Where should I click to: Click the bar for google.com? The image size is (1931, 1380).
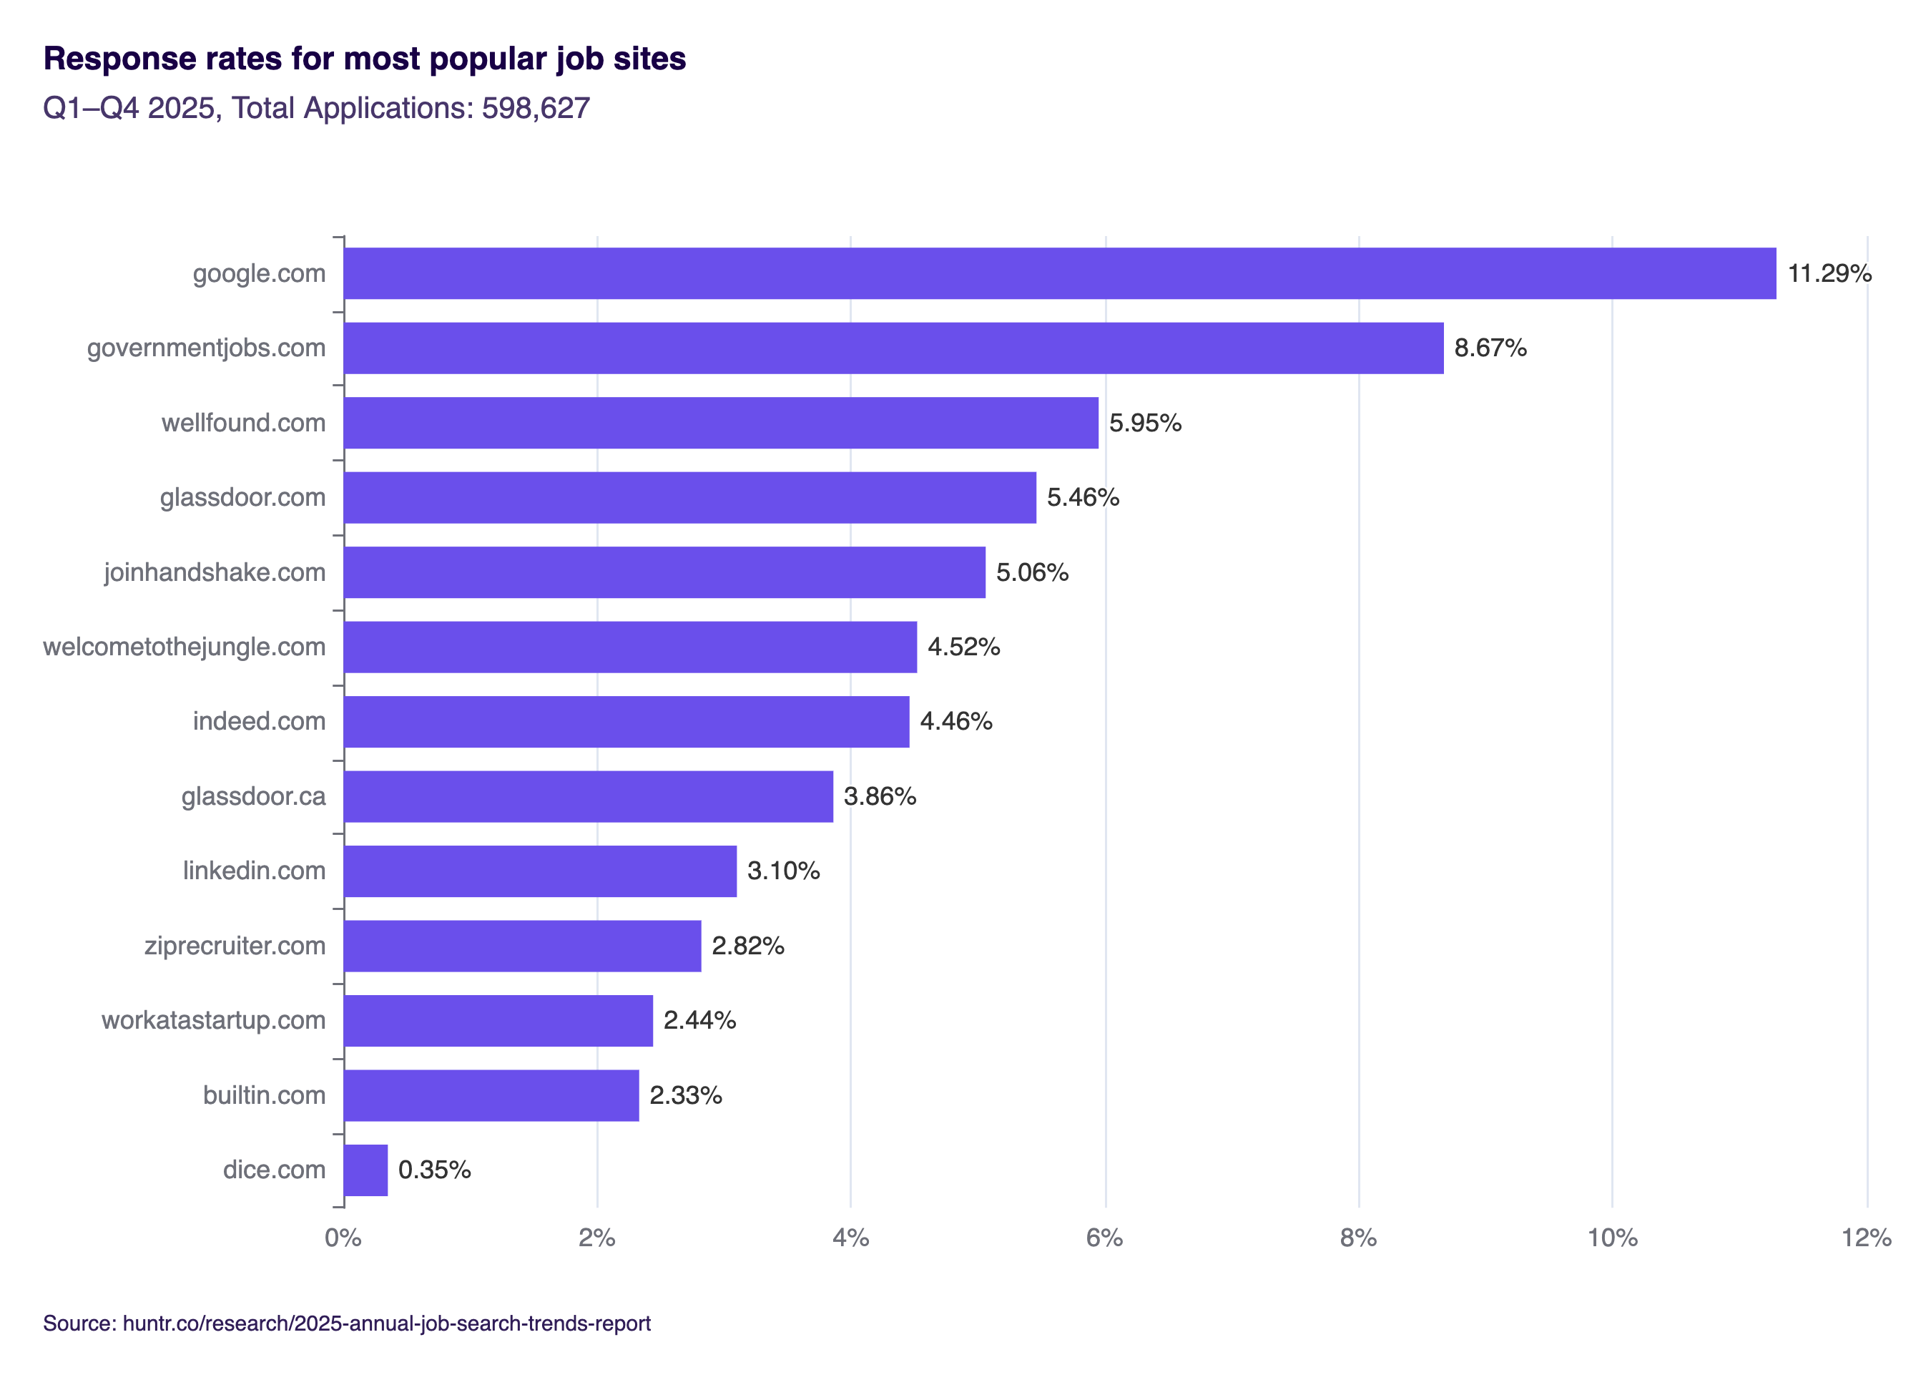coord(1058,273)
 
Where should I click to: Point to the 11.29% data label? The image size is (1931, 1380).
coord(1828,273)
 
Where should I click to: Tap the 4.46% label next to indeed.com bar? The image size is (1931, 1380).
coord(955,720)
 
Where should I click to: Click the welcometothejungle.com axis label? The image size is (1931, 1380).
coord(185,647)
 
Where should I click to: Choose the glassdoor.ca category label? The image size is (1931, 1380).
coord(253,796)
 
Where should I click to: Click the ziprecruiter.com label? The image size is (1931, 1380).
coord(235,945)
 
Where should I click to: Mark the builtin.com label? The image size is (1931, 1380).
coord(263,1095)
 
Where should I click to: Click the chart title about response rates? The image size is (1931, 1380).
coord(365,59)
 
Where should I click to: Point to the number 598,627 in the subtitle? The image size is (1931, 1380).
coord(535,108)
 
